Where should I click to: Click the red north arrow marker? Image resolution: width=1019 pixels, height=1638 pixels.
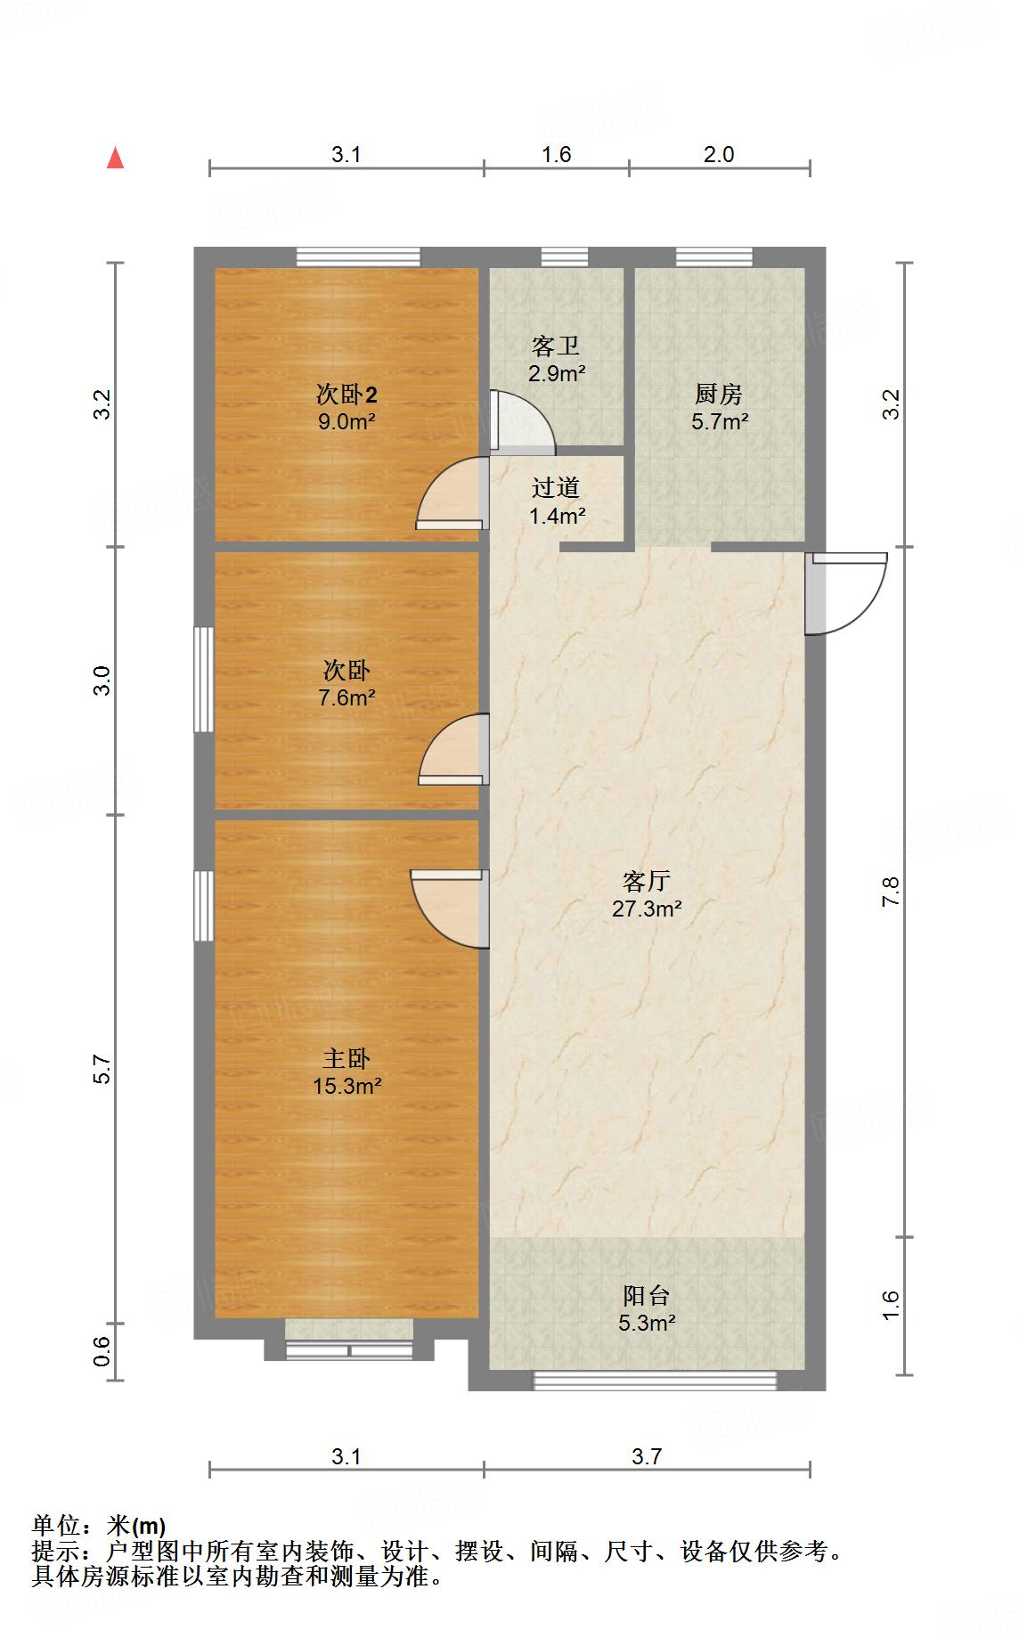point(115,159)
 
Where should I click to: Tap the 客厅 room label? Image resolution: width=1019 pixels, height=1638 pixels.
point(646,881)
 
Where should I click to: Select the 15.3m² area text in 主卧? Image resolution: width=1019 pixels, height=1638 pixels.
point(346,1086)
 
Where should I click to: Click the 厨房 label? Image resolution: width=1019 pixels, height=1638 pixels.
point(718,394)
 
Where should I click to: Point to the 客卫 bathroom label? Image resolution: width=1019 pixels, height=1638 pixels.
point(555,346)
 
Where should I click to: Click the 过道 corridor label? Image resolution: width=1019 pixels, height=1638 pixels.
point(556,487)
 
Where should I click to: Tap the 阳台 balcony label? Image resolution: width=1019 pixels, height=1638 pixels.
point(646,1295)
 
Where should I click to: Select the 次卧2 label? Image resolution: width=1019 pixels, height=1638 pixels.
point(346,394)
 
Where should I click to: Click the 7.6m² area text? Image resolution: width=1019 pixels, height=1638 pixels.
point(346,697)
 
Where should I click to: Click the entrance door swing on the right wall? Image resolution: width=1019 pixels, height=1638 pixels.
point(846,592)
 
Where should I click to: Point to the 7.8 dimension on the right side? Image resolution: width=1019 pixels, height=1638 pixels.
point(892,892)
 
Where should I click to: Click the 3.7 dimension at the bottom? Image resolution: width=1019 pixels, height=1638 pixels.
point(647,1457)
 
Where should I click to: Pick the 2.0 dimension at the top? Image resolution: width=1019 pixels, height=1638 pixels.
point(719,155)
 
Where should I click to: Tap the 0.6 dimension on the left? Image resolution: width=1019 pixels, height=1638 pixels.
point(102,1352)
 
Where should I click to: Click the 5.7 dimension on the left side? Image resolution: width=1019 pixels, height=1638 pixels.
point(102,1069)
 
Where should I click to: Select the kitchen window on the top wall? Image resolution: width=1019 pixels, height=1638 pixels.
point(713,257)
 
